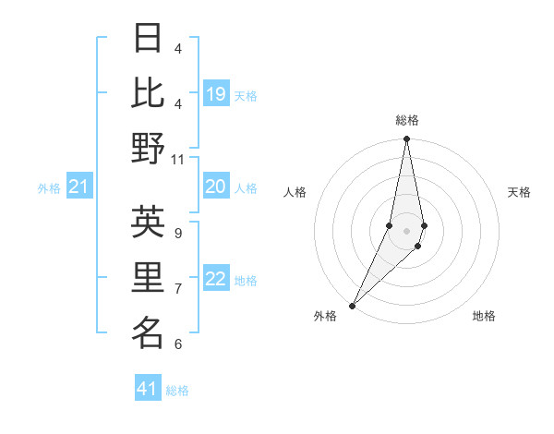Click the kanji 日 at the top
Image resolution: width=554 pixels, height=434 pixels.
point(149,38)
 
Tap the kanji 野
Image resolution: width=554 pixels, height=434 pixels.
point(149,148)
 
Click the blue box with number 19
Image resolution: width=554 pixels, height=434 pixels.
point(216,94)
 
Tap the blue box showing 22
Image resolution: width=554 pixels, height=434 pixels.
point(216,280)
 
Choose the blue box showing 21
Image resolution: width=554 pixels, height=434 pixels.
point(79,187)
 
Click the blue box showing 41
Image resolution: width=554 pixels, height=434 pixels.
point(148,389)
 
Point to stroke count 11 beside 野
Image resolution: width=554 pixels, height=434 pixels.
point(178,159)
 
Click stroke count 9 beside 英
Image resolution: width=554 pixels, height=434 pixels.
point(178,233)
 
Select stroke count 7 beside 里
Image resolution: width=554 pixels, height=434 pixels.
point(178,288)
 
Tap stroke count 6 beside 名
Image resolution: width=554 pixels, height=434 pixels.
point(178,344)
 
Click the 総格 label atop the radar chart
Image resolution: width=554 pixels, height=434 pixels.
point(406,121)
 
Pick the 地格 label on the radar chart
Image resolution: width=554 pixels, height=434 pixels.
point(484,316)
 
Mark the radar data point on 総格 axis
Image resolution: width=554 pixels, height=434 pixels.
point(406,139)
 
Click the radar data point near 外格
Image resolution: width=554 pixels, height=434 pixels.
point(353,305)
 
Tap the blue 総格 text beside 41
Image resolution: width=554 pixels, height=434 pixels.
point(177,391)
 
